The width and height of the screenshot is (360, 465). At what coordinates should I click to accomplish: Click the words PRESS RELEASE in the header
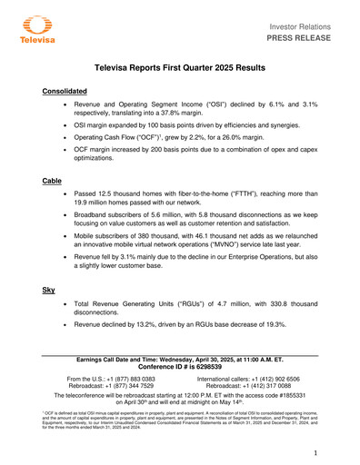tap(304, 38)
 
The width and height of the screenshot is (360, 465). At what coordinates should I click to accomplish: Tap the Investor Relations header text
tap(308, 23)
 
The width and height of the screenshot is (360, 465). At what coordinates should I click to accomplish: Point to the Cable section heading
tap(52, 182)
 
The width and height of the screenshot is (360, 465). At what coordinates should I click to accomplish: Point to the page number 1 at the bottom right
tap(314, 451)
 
